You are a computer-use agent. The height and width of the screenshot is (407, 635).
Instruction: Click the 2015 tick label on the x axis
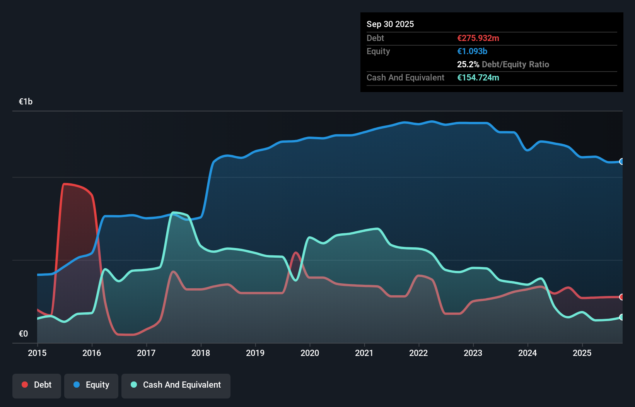[37, 353]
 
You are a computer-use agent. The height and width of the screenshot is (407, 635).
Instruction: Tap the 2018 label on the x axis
[201, 353]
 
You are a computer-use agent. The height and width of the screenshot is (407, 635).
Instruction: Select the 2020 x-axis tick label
[310, 353]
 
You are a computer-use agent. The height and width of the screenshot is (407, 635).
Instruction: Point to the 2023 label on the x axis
[473, 353]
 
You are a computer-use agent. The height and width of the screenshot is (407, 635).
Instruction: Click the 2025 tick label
[582, 353]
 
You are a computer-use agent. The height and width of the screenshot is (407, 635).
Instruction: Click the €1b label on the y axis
[26, 102]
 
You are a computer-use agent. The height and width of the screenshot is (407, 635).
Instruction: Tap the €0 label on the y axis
[23, 333]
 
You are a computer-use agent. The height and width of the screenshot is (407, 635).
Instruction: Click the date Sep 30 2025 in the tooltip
[390, 24]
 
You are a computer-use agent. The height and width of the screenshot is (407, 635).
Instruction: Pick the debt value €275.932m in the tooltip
[478, 38]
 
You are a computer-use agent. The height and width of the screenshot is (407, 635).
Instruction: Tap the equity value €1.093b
[472, 51]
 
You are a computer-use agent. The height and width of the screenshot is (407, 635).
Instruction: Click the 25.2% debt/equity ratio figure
[468, 64]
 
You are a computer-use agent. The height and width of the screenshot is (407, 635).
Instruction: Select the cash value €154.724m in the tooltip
[478, 77]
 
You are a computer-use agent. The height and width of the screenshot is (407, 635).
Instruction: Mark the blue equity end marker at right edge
[621, 162]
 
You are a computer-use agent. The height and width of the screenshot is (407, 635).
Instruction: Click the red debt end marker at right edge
[621, 297]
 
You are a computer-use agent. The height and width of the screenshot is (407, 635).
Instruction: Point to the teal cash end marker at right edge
[621, 317]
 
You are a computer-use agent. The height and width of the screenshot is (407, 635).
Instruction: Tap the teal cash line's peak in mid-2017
[174, 212]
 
